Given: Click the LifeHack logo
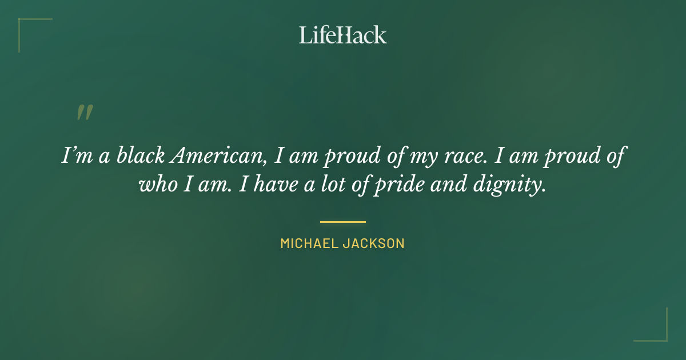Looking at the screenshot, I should point(343,35).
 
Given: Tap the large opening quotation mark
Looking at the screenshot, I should point(85,113).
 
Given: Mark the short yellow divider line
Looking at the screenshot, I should point(343,222).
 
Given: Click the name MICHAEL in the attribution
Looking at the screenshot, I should point(309,243).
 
